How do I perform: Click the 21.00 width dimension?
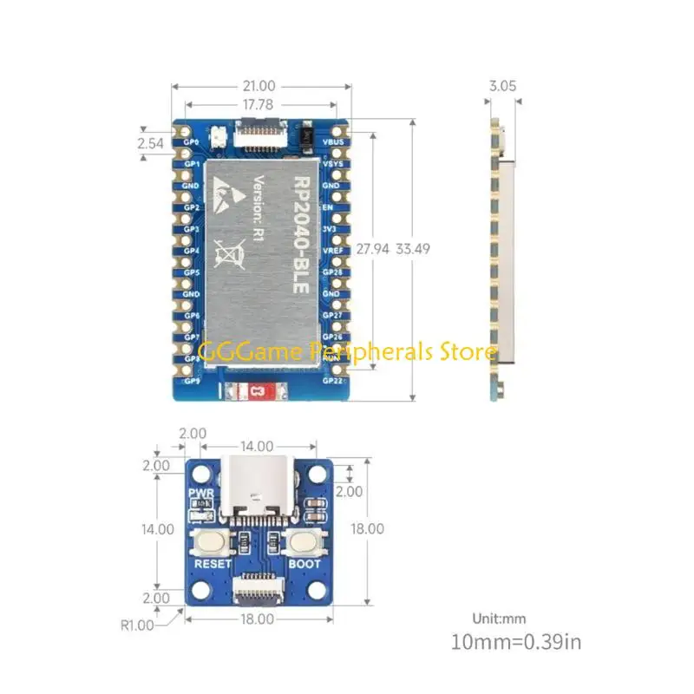pyautogui.click(x=259, y=86)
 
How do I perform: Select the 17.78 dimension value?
pyautogui.click(x=259, y=104)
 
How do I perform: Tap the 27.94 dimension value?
pyautogui.click(x=372, y=248)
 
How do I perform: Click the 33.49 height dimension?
pyautogui.click(x=413, y=248)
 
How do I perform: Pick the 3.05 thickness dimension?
pyautogui.click(x=502, y=86)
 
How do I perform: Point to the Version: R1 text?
pyautogui.click(x=258, y=208)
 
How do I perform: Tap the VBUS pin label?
pyautogui.click(x=332, y=141)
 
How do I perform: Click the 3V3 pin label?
pyautogui.click(x=331, y=229)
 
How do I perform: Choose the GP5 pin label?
pyautogui.click(x=192, y=272)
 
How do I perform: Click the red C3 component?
pyautogui.click(x=256, y=392)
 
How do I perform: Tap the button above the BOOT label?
pyautogui.click(x=304, y=542)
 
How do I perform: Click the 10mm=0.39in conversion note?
pyautogui.click(x=516, y=643)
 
